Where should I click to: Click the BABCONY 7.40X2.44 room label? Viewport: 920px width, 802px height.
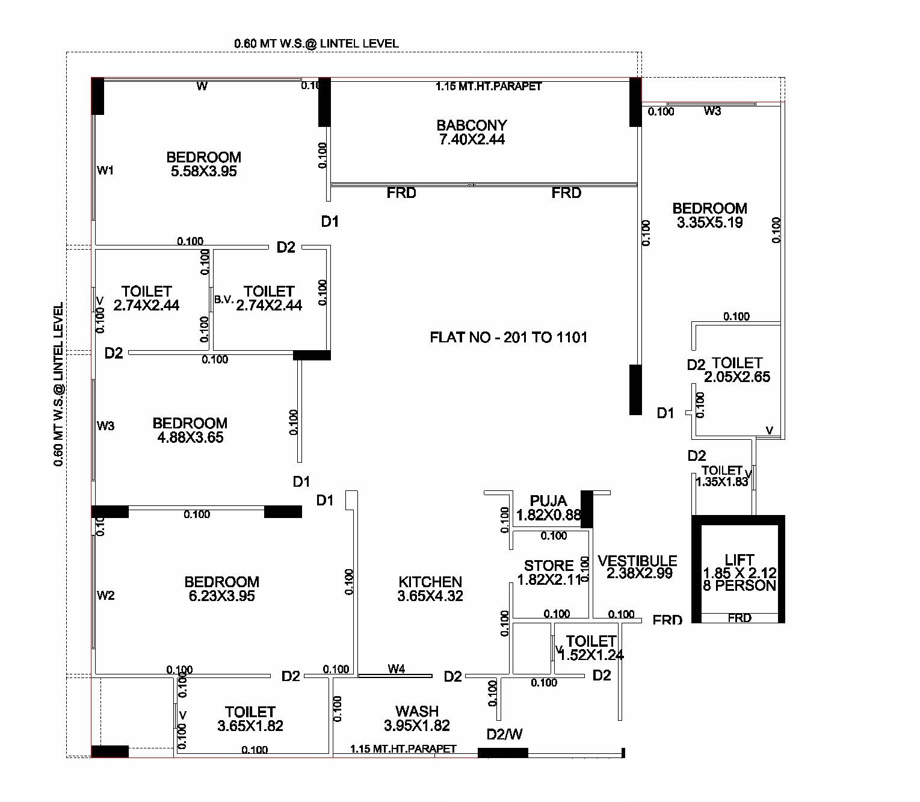[472, 132]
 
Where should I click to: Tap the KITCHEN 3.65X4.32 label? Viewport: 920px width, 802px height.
[430, 589]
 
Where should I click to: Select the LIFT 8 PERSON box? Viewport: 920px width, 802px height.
[739, 572]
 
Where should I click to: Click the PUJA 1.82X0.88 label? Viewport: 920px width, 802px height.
[548, 508]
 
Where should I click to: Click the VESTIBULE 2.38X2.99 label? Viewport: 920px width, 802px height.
[638, 567]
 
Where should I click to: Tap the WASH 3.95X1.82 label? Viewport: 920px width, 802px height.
[416, 718]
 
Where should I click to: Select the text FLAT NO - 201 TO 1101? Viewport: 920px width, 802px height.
[508, 338]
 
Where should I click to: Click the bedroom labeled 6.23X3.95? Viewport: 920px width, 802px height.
[221, 589]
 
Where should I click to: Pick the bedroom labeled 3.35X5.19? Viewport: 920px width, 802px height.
[710, 215]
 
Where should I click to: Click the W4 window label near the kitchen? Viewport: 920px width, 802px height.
[396, 668]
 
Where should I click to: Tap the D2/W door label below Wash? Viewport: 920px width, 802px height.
[504, 735]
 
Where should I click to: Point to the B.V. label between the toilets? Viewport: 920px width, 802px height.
[224, 299]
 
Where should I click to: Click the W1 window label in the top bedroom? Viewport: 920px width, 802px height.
[105, 170]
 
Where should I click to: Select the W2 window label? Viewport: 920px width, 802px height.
[105, 596]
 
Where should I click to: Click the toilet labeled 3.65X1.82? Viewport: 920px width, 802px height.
[250, 719]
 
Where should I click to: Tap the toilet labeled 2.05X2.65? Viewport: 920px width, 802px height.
[736, 370]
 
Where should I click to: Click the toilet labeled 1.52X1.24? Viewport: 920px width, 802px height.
[591, 648]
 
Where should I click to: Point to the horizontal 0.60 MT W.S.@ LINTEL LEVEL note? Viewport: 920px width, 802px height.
[316, 43]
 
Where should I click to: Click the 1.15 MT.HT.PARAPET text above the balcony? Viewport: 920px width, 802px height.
[489, 87]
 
